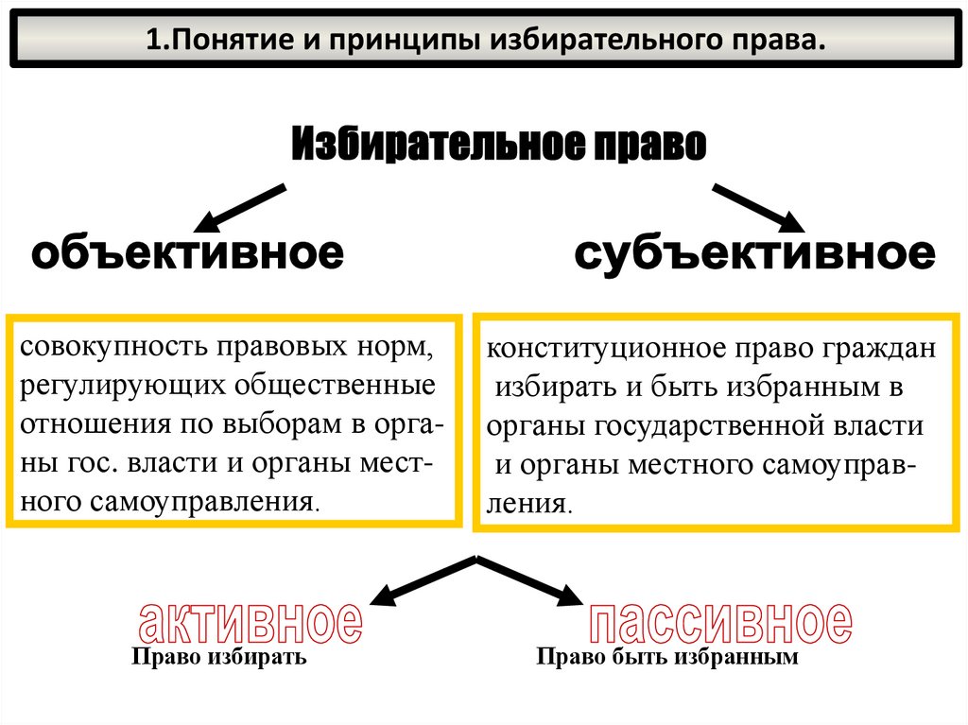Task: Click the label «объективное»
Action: pos(186,253)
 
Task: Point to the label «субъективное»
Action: pos(754,253)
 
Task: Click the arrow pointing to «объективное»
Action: pos(238,209)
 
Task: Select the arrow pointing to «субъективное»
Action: pos(756,207)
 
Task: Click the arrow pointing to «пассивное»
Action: pos(529,579)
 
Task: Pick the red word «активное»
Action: pos(250,623)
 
